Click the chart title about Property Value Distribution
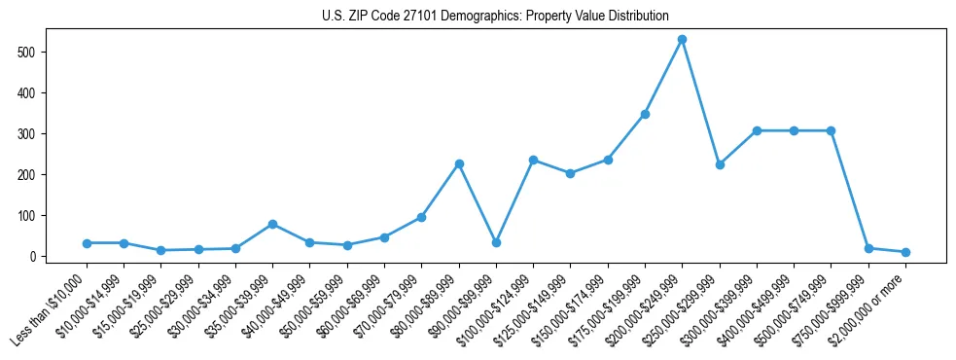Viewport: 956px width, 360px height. pos(495,17)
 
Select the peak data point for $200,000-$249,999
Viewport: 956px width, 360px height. pos(683,40)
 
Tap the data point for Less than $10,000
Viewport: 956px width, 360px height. pos(87,243)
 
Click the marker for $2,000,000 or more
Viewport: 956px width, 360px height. pos(905,252)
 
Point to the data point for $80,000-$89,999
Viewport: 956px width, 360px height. pos(459,163)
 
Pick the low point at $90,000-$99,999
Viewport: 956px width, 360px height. pos(496,243)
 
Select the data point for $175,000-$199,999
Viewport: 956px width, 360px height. pos(645,114)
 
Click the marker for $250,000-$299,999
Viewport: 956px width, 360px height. pos(720,164)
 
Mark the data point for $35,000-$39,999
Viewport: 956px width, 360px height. pos(273,224)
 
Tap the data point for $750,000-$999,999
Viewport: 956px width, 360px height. pos(868,248)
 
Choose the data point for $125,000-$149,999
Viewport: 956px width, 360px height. pos(571,173)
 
